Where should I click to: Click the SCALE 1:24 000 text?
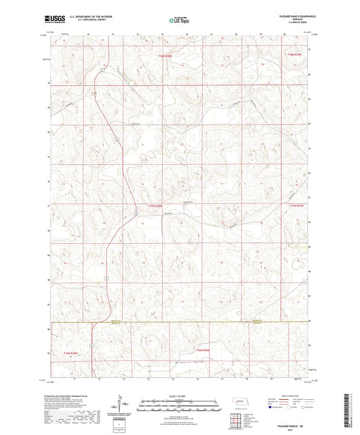pyautogui.click(x=179, y=396)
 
